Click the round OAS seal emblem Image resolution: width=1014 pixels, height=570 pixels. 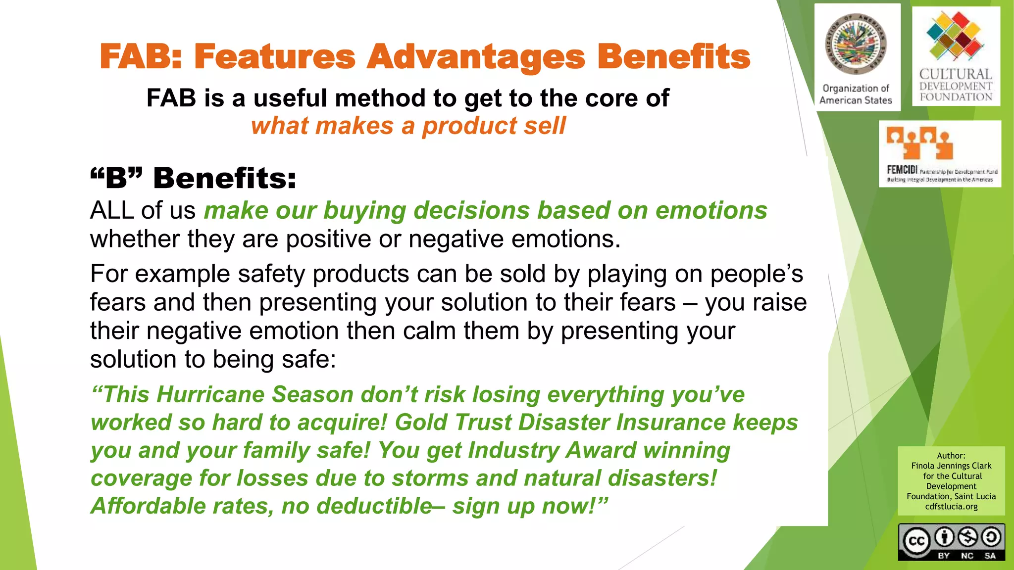click(856, 45)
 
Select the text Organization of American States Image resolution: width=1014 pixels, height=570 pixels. click(856, 94)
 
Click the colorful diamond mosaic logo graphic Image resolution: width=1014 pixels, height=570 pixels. click(956, 36)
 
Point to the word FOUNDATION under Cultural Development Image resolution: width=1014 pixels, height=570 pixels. click(956, 97)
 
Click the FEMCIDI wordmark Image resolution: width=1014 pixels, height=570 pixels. click(902, 170)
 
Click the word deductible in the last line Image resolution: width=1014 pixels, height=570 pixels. click(374, 506)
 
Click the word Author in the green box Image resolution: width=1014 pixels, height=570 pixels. click(951, 455)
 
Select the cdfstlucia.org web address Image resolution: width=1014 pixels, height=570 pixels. click(951, 506)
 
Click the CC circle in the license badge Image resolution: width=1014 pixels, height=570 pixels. click(916, 541)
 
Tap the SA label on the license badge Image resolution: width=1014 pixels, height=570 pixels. click(990, 556)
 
